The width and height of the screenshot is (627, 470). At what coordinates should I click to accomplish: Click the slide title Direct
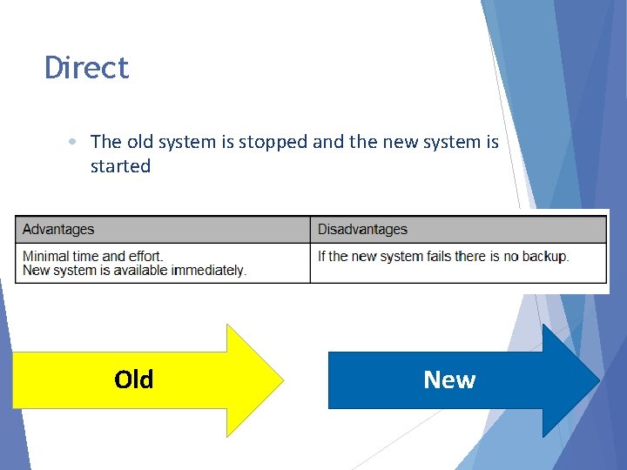click(87, 68)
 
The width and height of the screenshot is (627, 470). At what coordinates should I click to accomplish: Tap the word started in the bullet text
click(120, 166)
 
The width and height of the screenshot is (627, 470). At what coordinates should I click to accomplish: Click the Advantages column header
click(58, 230)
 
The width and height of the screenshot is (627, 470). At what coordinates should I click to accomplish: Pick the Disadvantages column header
click(362, 230)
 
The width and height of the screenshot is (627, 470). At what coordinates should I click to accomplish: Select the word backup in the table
click(544, 256)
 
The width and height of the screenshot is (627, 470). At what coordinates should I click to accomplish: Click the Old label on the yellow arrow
click(133, 379)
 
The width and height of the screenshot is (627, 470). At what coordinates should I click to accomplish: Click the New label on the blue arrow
click(449, 379)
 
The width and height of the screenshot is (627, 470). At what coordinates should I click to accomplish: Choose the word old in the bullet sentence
click(142, 141)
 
